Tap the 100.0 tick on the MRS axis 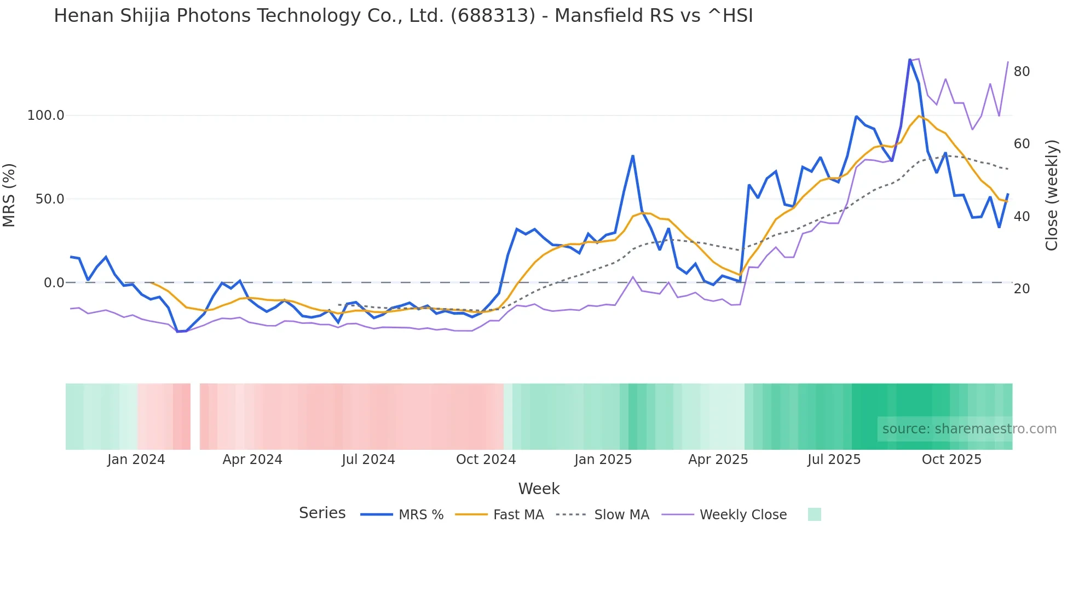pos(46,115)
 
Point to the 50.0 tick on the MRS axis pos(50,199)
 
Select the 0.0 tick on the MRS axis pos(54,283)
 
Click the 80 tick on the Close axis pos(1022,72)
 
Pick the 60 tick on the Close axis pos(1022,144)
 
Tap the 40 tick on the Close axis pos(1022,217)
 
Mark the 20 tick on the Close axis pos(1022,289)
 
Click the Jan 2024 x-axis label pos(136,460)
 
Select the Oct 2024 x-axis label pos(486,460)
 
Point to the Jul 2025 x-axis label pos(834,460)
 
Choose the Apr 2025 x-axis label pos(718,460)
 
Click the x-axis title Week pos(539,489)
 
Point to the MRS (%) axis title pos(9,195)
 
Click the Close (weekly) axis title pos(1051,195)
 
